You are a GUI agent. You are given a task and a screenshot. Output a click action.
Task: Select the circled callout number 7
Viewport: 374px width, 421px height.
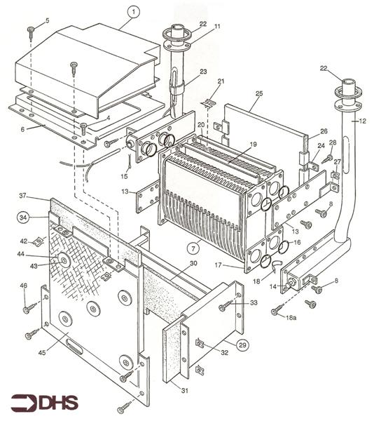point(193,248)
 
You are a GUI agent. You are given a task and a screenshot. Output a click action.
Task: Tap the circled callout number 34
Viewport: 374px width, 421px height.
point(23,218)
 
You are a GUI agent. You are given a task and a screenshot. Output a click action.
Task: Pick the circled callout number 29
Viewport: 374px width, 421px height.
point(242,345)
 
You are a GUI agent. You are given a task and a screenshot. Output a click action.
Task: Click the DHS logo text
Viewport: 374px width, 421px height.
point(44,403)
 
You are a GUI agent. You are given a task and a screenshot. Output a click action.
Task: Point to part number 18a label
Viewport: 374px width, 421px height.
point(291,318)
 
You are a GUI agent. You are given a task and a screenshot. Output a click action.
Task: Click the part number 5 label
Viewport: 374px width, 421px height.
point(48,20)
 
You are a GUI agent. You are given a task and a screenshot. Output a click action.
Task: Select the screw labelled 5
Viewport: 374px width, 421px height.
point(32,33)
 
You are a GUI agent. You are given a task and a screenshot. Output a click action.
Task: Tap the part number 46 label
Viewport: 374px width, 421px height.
point(24,286)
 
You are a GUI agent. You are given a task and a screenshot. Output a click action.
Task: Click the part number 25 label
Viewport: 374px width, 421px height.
point(259,93)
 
